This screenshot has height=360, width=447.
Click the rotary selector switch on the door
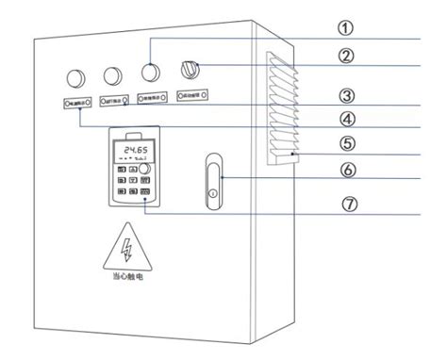(x=189, y=69)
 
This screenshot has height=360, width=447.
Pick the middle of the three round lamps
(x=112, y=74)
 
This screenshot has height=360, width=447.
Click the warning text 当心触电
(x=125, y=279)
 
